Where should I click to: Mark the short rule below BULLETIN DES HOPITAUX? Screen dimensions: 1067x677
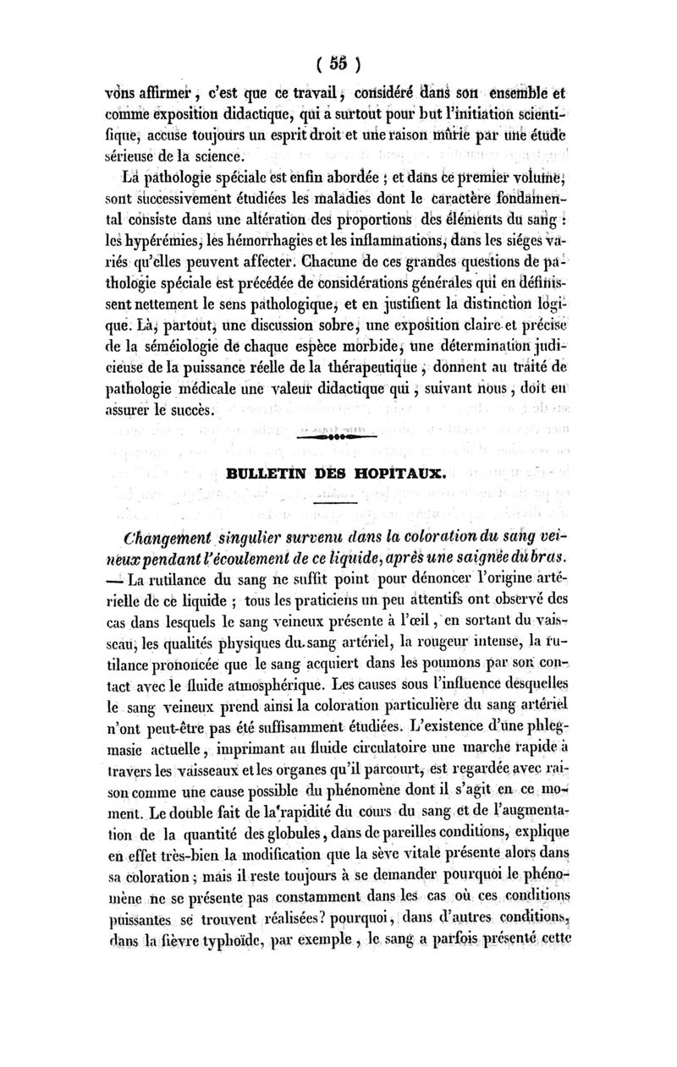(336, 502)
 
